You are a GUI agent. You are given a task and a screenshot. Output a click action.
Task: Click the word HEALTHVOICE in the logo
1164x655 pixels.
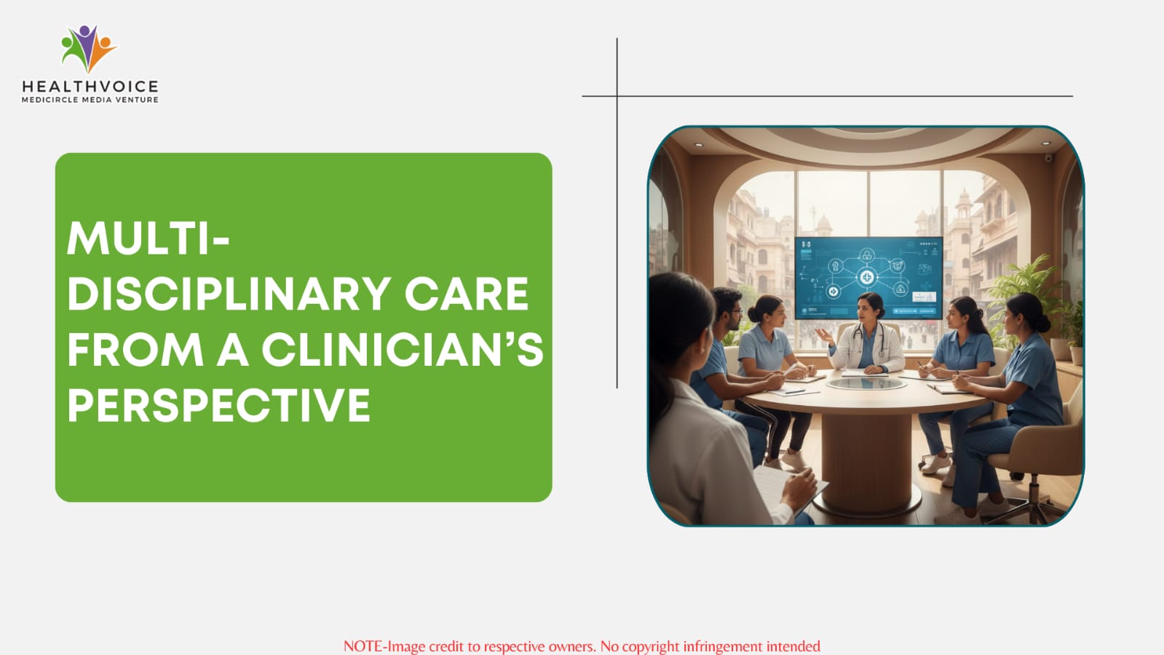point(90,87)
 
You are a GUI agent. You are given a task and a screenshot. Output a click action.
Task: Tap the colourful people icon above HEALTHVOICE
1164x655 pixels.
point(89,48)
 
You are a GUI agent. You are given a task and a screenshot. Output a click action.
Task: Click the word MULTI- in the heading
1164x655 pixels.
point(149,238)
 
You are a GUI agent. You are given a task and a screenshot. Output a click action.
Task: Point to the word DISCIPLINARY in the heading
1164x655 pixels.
point(229,294)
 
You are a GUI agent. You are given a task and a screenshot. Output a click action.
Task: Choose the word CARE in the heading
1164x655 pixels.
point(466,294)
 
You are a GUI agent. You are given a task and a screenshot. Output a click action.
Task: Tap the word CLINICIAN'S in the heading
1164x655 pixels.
point(403,350)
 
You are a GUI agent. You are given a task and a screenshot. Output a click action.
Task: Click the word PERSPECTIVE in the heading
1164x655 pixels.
point(219,405)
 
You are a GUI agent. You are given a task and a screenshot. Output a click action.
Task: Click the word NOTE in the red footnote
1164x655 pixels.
point(363,646)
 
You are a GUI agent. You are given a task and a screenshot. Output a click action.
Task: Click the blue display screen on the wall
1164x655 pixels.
point(868,278)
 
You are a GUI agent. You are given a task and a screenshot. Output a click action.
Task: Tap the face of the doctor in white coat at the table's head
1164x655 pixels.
point(866,310)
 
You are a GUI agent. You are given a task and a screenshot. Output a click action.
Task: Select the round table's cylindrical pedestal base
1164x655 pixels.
point(867,458)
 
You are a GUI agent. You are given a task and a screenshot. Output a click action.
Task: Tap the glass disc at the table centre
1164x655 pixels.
point(866,384)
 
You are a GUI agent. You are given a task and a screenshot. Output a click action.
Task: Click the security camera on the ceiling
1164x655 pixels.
point(1049,157)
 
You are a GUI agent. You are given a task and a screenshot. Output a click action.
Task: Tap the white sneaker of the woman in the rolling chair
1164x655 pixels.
point(936,463)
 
